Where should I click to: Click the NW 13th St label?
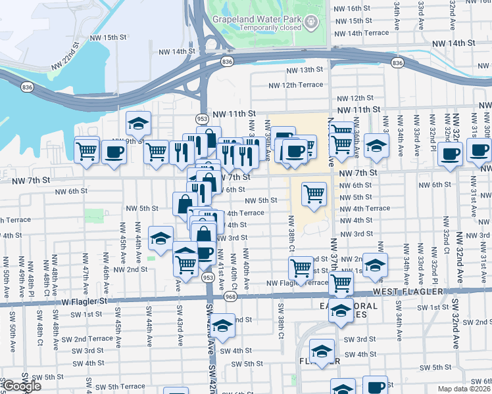pos(303,70)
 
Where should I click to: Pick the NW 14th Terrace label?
pos(362,33)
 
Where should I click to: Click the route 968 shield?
pos(230,297)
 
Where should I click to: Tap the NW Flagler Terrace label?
pos(297,283)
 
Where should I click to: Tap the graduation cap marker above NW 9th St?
pos(139,123)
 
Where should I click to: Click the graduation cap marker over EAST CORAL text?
pos(341,311)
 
